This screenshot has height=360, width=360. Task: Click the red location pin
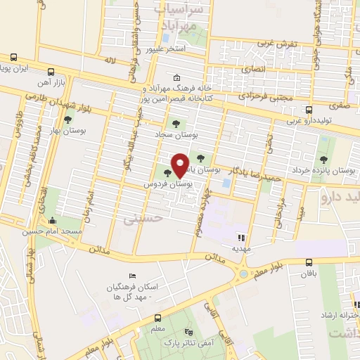(x=180, y=165)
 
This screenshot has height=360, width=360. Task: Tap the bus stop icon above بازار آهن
(x=51, y=72)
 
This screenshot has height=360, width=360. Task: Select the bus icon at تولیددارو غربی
(x=309, y=110)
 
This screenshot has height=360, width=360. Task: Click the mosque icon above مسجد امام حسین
(x=51, y=220)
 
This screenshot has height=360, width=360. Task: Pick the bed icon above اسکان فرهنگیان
(x=131, y=276)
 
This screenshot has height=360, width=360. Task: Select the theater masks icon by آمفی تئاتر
(x=187, y=332)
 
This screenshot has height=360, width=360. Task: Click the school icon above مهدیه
(x=240, y=238)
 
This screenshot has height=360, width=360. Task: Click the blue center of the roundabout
(x=243, y=273)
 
